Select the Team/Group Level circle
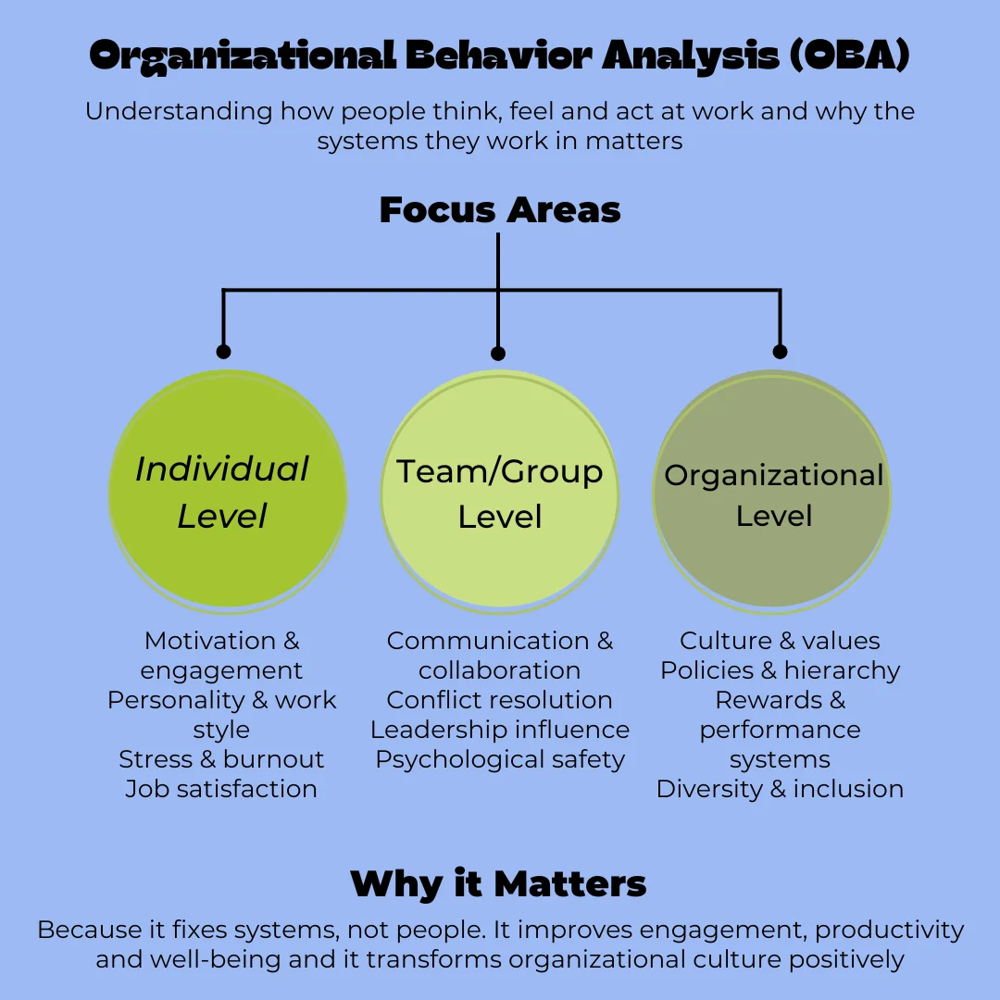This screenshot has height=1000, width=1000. pos(500,493)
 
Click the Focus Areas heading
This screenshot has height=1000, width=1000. pos(500,210)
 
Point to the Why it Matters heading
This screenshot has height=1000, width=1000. pos(498,883)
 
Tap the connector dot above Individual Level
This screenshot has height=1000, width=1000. pos(223,352)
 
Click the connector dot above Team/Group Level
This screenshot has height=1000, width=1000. pos(498,354)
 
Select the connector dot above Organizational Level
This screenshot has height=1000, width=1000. pos(780,352)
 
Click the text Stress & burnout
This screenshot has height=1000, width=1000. pos(221,759)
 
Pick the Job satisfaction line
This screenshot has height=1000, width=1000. pos(221,789)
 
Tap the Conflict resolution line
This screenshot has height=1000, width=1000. pos(500,700)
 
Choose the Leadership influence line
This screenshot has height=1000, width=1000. pos(500,730)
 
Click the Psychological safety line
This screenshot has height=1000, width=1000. pos(500,759)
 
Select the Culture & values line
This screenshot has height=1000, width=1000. pos(780,641)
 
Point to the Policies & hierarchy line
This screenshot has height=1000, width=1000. pos(780,670)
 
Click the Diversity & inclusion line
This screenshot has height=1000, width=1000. pos(780,789)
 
